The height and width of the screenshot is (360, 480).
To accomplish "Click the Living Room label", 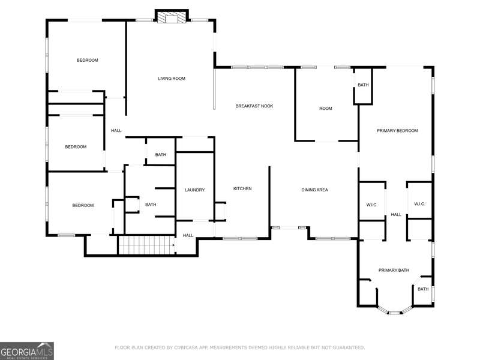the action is (172, 79).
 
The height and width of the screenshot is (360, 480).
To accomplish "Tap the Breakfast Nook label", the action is (254, 106).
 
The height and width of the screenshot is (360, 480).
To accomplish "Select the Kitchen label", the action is (242, 188).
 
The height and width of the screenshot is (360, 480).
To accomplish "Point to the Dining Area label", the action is (314, 190).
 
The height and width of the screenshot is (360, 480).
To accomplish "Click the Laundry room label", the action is (194, 190).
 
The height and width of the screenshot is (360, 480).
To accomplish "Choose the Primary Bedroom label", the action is (397, 130).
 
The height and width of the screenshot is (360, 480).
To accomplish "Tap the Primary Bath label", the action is (394, 270).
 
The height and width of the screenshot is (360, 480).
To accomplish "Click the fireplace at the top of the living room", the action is (172, 17).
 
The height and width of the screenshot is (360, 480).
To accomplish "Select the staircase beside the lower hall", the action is (146, 245).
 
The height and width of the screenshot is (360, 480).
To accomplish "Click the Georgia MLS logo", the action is (27, 351).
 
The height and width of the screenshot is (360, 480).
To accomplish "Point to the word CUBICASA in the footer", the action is (186, 347).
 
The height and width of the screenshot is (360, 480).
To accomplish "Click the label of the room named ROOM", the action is (325, 109).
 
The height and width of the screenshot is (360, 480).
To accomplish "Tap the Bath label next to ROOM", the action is (363, 85).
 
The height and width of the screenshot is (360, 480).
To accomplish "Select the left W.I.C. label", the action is (371, 205).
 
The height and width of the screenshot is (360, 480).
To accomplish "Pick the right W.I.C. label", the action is (419, 204).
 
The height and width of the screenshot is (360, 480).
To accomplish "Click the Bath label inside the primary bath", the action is (423, 289).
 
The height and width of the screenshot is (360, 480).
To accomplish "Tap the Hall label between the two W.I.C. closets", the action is (396, 215).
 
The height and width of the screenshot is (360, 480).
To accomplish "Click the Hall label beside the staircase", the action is (188, 235).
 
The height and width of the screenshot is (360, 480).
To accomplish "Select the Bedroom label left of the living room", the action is (87, 61).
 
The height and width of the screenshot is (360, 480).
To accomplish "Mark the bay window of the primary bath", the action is (394, 312).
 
